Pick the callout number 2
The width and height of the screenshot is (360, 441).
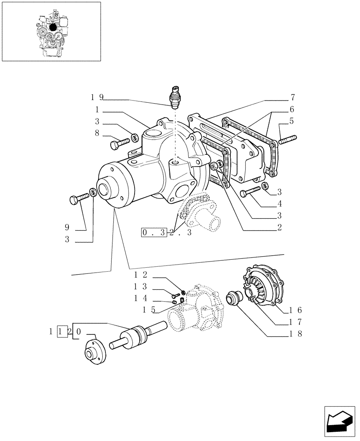pyautogui.click(x=280, y=228)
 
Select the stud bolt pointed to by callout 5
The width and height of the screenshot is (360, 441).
pyautogui.click(x=287, y=139)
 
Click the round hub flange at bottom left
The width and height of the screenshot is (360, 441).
pyautogui.click(x=93, y=353)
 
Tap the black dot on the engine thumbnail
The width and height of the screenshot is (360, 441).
pyautogui.click(x=53, y=27)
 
